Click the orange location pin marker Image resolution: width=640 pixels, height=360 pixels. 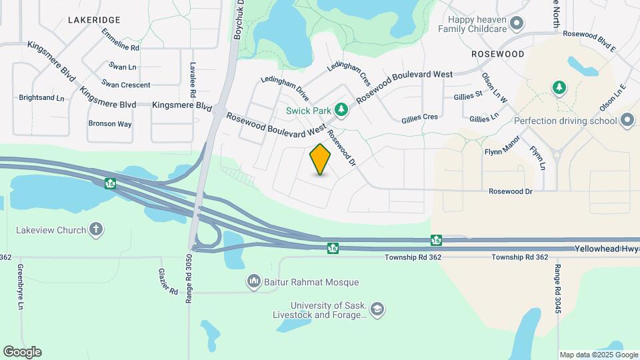(x=321, y=159)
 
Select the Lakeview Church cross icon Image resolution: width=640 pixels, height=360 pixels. (x=96, y=230)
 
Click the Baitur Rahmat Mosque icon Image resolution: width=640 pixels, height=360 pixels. (x=253, y=282)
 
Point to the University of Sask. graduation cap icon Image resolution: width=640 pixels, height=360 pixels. (x=377, y=309)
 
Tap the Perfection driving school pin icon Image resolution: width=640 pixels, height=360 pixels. (x=627, y=121)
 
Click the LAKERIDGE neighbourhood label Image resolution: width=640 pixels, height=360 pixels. (x=93, y=20)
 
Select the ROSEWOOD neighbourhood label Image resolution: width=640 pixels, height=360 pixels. (x=497, y=53)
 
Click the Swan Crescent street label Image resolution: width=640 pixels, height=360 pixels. (x=126, y=85)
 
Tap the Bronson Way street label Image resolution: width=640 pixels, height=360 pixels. (x=110, y=123)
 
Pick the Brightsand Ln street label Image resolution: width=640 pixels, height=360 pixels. (x=41, y=98)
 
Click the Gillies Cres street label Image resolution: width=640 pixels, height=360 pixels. (x=419, y=117)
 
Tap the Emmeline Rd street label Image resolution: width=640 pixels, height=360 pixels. (x=121, y=40)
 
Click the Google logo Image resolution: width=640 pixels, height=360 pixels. (x=22, y=352)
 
